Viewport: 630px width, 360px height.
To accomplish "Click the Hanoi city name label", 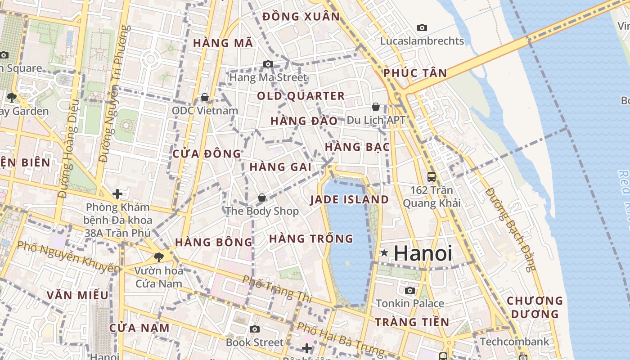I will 423,253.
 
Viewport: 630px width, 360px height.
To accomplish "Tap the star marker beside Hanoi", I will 384,253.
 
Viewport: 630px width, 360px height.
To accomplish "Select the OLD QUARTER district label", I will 301,96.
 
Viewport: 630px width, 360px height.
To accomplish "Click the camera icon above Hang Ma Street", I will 268,64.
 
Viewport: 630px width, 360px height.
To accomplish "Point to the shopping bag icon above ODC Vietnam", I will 205,97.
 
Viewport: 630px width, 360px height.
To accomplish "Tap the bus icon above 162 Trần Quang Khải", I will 432,177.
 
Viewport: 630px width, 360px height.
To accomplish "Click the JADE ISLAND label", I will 349,200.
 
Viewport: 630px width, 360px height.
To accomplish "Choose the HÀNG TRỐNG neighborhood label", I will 311,238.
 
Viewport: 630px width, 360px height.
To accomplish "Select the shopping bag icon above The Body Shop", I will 261,198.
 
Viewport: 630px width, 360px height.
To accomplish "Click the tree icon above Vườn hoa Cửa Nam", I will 158,257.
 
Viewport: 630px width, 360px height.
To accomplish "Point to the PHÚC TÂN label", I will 415,73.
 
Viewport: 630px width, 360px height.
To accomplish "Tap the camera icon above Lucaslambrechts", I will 422,28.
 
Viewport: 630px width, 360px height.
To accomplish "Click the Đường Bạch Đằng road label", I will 511,229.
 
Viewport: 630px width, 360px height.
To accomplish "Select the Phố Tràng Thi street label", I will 276,288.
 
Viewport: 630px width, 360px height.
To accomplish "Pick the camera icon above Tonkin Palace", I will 409,291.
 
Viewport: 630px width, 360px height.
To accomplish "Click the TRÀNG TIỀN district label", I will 412,322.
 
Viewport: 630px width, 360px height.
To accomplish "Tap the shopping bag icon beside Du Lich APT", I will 376,107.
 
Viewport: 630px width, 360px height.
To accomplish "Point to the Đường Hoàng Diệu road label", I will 69,148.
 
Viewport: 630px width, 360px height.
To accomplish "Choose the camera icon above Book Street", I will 255,329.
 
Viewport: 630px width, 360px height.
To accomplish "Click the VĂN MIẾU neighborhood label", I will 78,295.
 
